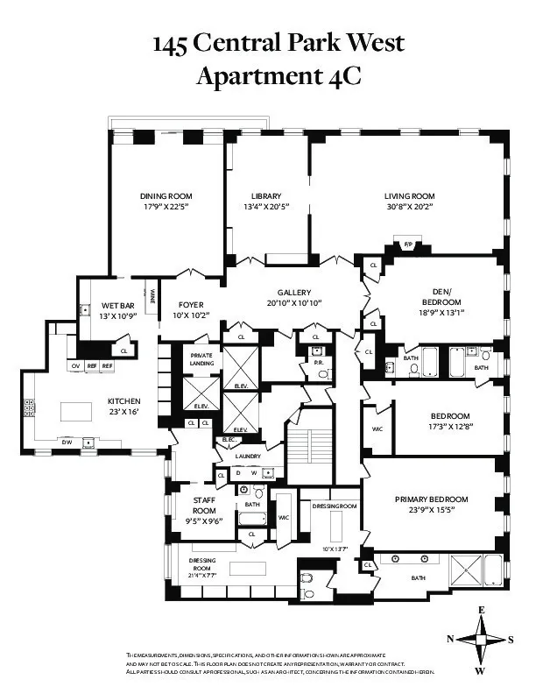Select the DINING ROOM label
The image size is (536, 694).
(166, 195)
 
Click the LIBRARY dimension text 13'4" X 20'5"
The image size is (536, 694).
(265, 207)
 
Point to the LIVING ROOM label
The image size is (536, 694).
(409, 195)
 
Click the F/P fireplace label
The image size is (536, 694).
(407, 244)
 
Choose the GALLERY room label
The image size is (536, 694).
(294, 293)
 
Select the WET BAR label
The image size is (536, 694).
(103, 304)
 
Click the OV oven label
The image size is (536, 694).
(75, 365)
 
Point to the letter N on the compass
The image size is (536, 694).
(450, 639)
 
